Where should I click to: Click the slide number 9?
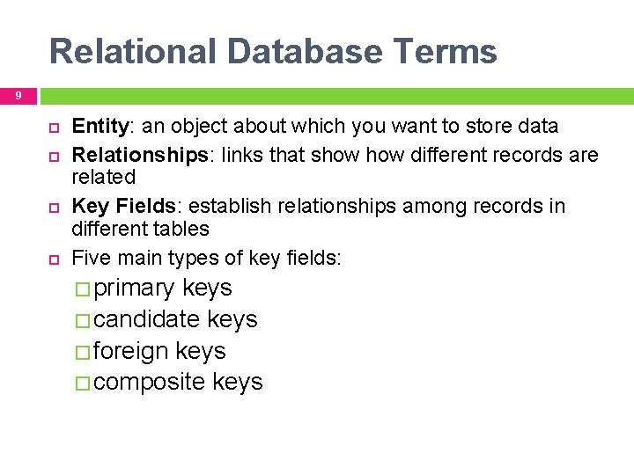tap(18, 95)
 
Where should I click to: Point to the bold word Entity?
tap(95, 127)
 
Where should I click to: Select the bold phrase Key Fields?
tap(123, 207)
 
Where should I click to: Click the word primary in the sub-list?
tap(135, 289)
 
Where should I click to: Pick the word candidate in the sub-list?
tap(146, 319)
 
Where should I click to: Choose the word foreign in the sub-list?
tap(130, 351)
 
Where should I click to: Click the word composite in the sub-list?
tap(150, 382)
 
